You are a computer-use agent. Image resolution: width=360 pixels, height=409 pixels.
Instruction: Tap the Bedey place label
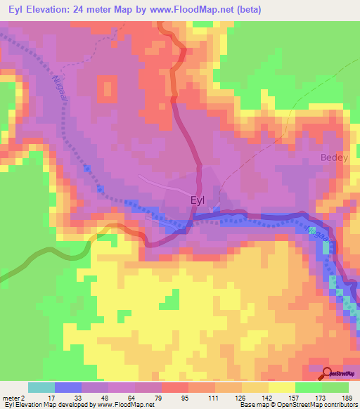pos(334,158)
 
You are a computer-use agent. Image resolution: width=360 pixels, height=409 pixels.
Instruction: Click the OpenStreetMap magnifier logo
pos(326,373)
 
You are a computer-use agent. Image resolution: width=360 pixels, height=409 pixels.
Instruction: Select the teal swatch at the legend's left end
pos(41,387)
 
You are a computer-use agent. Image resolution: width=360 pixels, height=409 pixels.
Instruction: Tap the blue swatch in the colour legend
pos(68,387)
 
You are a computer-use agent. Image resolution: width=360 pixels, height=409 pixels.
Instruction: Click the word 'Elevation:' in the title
pos(46,10)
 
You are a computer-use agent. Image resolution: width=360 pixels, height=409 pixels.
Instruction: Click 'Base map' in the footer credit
pos(251,405)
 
